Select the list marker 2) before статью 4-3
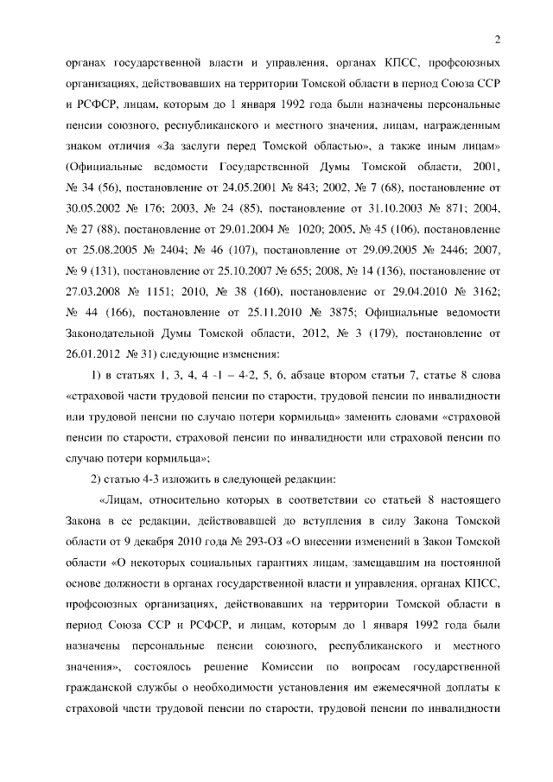[99, 479]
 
